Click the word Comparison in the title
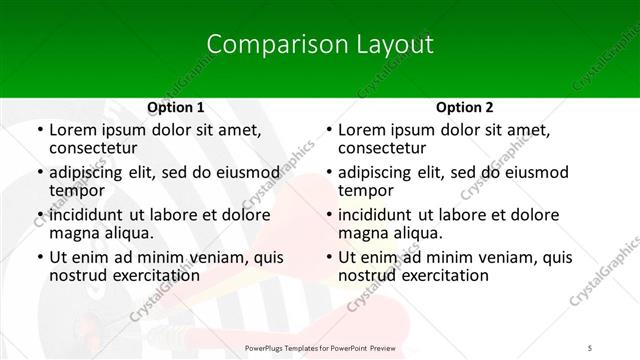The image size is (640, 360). (264, 45)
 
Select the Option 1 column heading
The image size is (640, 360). (176, 107)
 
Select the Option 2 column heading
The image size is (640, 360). (465, 107)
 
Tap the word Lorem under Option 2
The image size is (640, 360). (362, 130)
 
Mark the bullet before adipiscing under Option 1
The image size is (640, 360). (38, 173)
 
